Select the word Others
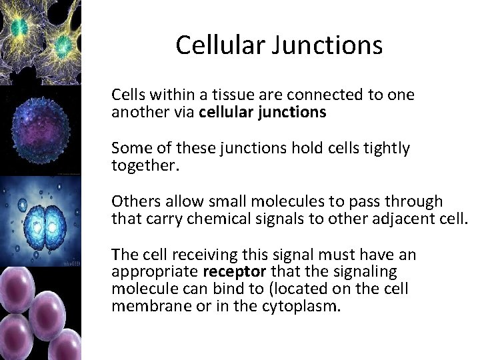pyautogui.click(x=133, y=201)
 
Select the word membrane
pyautogui.click(x=145, y=306)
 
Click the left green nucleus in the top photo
pyautogui.click(x=19, y=27)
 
